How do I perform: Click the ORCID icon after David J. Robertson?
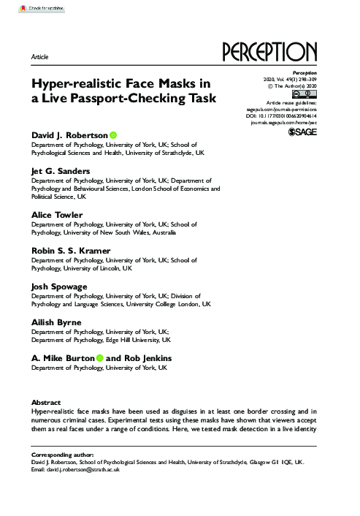(114, 136)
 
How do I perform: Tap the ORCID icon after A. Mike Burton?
(100, 358)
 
